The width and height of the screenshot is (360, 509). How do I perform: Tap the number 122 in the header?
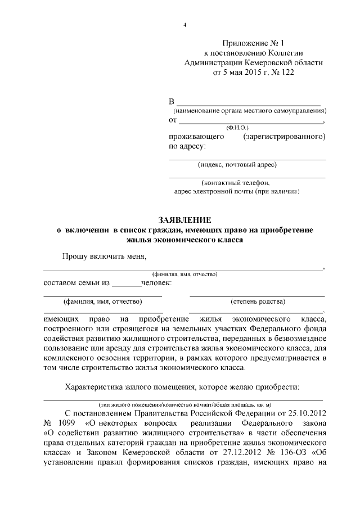click(x=285, y=73)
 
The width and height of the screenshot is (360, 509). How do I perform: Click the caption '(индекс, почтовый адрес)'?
click(x=237, y=165)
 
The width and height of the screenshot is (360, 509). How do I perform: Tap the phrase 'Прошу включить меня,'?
click(x=104, y=257)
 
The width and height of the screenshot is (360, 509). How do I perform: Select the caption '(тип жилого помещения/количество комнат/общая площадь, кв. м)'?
click(x=185, y=404)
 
